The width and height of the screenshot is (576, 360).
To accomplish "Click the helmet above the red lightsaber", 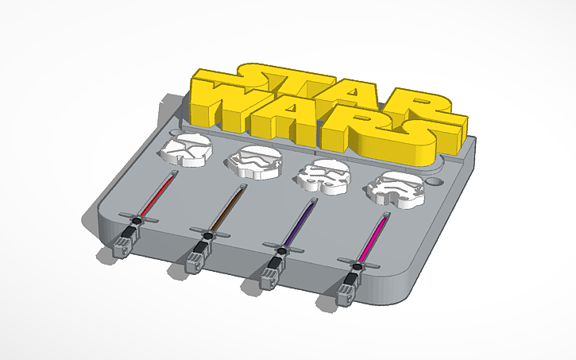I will coord(184,151).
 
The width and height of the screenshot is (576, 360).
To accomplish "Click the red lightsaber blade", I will coord(157,195).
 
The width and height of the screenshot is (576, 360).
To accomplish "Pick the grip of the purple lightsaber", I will coord(271,273).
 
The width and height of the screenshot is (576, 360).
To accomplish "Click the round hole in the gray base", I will coord(433,181).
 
